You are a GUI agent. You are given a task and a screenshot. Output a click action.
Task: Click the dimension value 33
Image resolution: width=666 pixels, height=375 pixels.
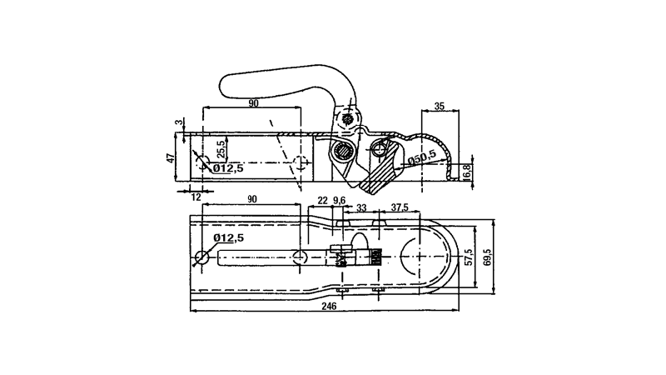pyautogui.click(x=361, y=207)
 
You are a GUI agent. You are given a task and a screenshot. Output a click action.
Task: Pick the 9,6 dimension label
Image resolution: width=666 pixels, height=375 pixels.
pyautogui.click(x=339, y=201)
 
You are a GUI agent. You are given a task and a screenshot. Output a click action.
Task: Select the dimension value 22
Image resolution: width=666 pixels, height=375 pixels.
pyautogui.click(x=323, y=201)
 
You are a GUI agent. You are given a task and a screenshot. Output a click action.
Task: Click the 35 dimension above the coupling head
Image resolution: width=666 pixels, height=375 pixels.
pyautogui.click(x=440, y=105)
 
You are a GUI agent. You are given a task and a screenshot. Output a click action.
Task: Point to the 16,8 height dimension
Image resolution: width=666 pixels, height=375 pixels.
pyautogui.click(x=467, y=172)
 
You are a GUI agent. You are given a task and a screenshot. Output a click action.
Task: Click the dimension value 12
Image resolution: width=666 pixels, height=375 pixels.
pyautogui.click(x=196, y=197)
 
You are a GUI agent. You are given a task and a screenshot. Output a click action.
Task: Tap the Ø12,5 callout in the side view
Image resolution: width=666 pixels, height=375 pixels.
pyautogui.click(x=227, y=168)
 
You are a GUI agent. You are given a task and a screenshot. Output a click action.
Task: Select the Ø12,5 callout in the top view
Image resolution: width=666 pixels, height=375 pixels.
pyautogui.click(x=228, y=238)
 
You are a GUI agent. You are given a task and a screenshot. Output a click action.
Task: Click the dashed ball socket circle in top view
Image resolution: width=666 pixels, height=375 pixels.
pyautogui.click(x=416, y=257)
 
